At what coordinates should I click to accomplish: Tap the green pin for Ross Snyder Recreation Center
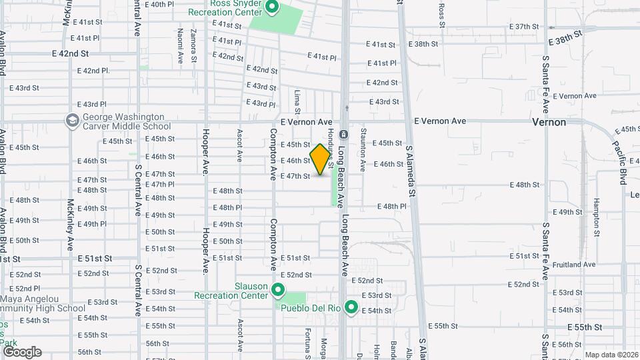coord(272,8)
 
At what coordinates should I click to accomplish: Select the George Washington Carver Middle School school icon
coord(72,121)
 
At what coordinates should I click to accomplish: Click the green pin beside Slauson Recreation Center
coord(278,290)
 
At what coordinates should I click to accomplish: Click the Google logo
coord(22,352)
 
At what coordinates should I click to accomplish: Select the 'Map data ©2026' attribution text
coord(611,355)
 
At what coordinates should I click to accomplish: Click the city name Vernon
coord(549,122)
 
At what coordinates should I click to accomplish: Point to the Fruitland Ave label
coord(574,265)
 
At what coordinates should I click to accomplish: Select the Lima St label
coord(297,101)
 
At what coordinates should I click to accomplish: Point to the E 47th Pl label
coord(159,185)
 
